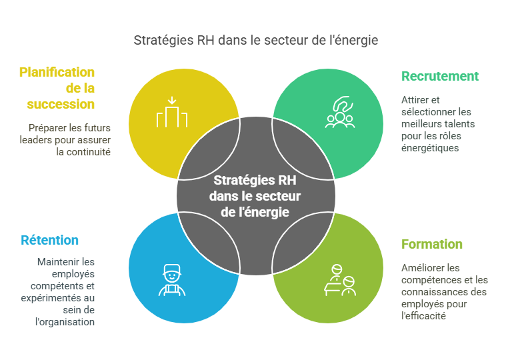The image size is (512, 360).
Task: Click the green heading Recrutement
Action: pos(440,76)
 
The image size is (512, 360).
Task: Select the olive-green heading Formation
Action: pos(432,244)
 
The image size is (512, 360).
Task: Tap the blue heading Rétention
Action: pos(49,240)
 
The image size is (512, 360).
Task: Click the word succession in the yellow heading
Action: pos(61,104)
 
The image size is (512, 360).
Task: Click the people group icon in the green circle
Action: pos(339,113)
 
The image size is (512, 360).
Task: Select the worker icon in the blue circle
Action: pos(172,280)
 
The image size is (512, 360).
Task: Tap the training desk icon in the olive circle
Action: pos(339,280)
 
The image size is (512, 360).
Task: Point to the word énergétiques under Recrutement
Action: pos(430,148)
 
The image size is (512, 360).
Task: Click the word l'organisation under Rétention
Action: pos(65,322)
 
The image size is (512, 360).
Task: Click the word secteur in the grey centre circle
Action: pos(280,197)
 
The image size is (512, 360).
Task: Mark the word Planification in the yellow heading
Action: pos(57,72)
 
